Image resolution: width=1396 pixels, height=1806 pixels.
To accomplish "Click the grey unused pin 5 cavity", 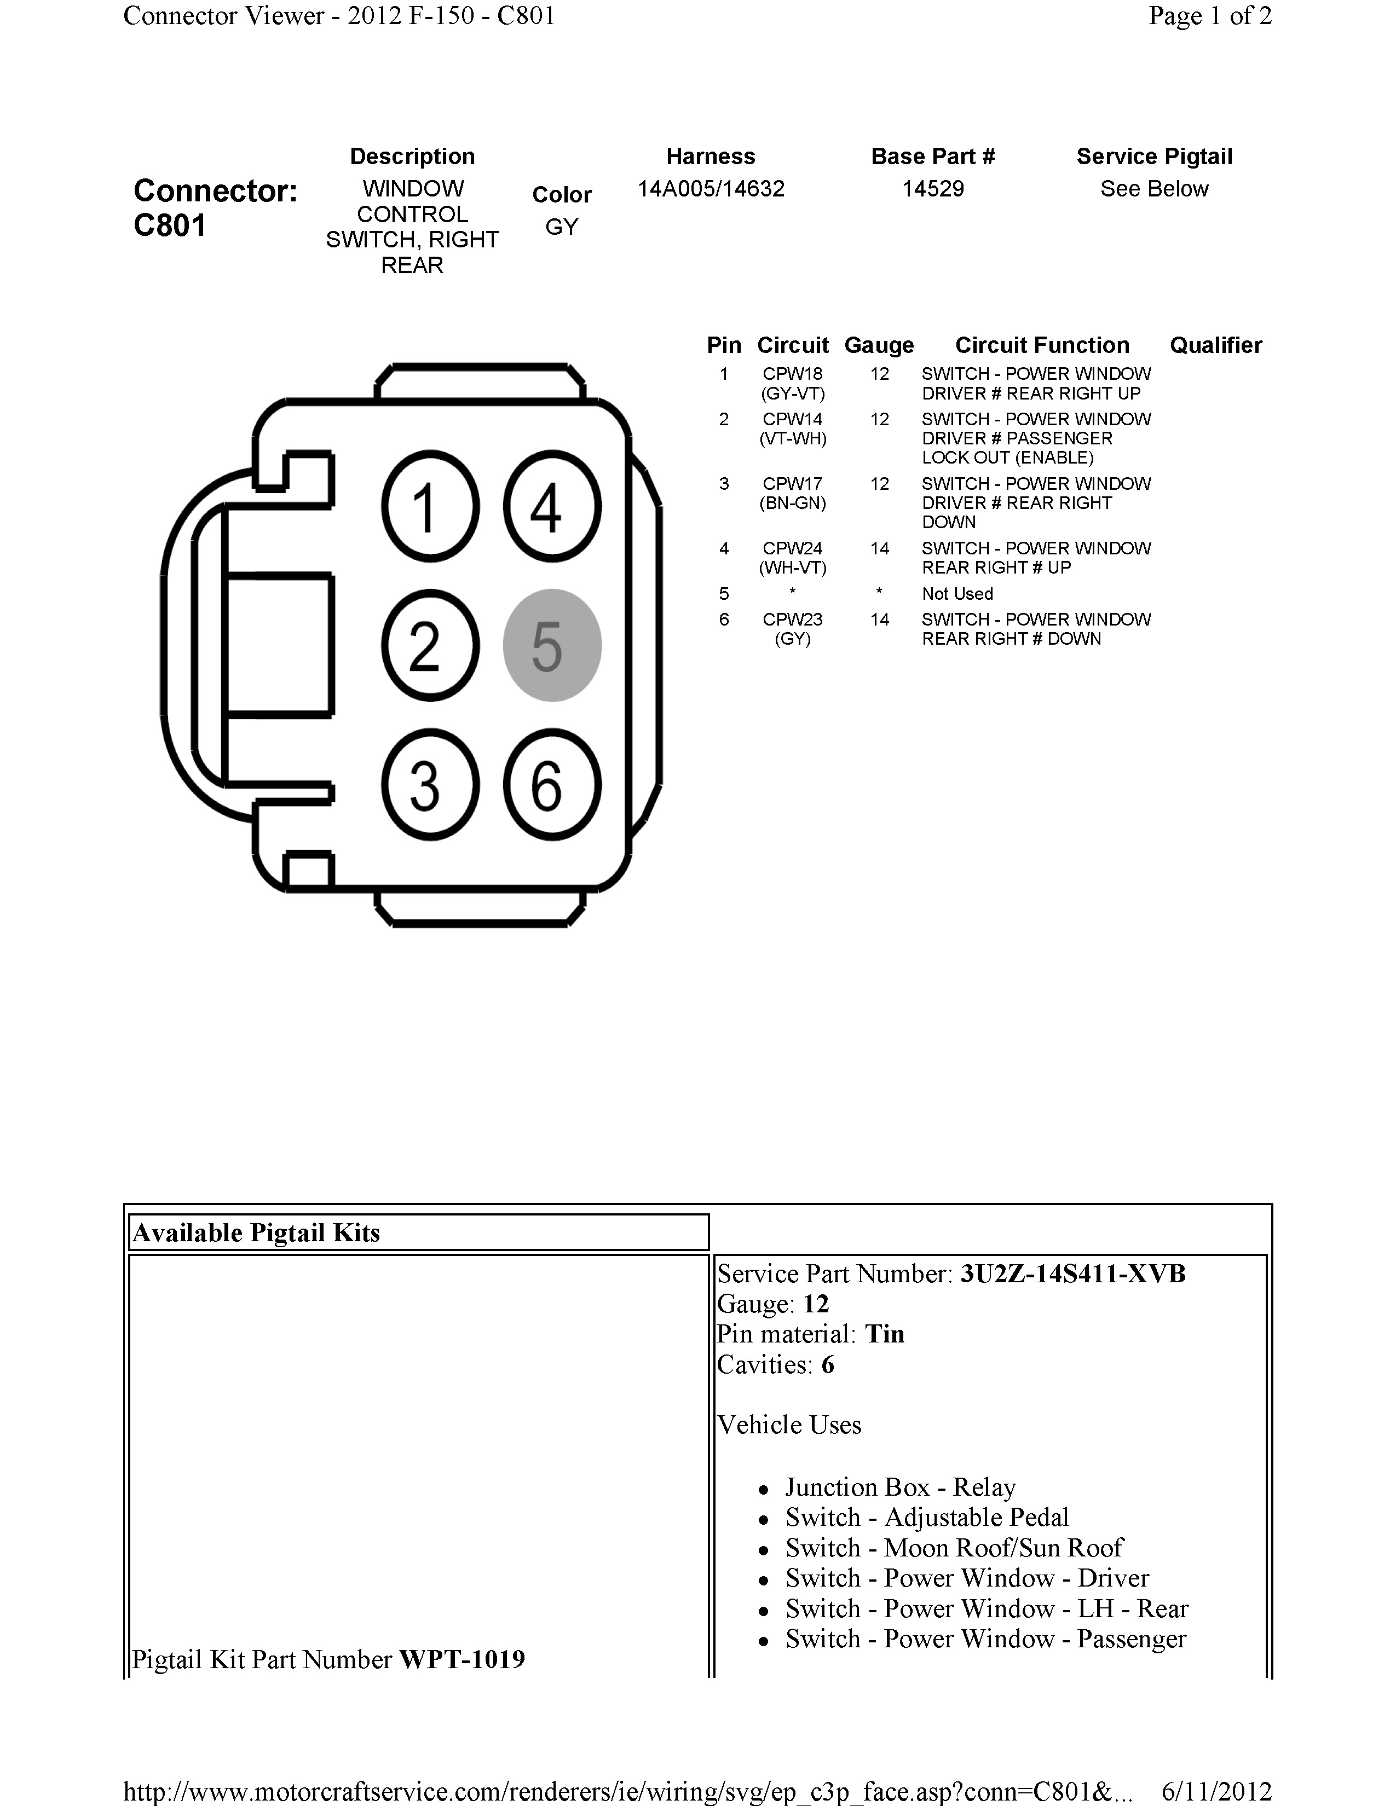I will coord(552,645).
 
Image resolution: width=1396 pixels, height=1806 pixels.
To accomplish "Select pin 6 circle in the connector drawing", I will coord(552,784).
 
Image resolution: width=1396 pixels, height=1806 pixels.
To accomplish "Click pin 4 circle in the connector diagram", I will coord(552,506).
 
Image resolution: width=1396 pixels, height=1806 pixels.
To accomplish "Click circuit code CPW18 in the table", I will coord(792,374).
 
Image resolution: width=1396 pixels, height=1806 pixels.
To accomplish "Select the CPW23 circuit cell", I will coord(792,620).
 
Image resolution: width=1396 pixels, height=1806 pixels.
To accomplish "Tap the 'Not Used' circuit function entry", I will coord(957,594).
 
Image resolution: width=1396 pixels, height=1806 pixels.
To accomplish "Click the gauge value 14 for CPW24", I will coord(879,548).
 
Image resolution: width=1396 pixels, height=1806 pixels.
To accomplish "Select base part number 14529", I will coord(932,189).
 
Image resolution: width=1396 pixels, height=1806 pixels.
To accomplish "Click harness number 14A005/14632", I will coord(711,189).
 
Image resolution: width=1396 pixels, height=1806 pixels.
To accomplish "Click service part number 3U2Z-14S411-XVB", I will coord(1072,1274).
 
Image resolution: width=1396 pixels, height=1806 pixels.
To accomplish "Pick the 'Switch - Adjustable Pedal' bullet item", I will coord(926,1518).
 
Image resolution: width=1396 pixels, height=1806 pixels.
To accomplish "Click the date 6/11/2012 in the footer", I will coord(1216,1791).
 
